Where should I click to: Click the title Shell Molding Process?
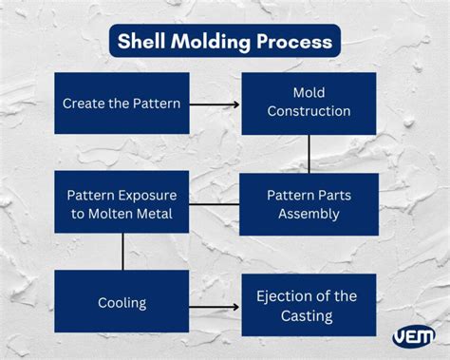click(224, 41)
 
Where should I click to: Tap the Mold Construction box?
click(309, 103)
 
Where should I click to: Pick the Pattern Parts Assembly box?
click(309, 203)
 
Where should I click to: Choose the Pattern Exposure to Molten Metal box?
click(122, 203)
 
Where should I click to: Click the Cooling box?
click(122, 303)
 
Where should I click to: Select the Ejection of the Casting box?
click(309, 305)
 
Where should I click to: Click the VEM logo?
click(413, 335)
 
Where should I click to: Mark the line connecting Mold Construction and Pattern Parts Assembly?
click(309, 153)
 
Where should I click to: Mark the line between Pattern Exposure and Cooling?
click(122, 253)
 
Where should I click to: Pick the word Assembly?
click(309, 214)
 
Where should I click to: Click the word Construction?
click(309, 111)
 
